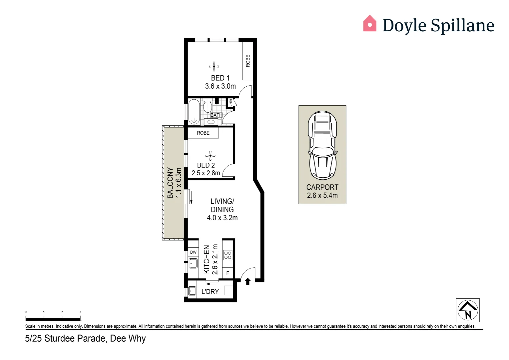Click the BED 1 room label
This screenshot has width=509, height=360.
220,78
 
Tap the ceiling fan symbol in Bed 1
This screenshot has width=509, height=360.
214,66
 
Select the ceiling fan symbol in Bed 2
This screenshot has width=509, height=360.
210,156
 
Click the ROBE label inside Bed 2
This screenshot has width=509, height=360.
203,133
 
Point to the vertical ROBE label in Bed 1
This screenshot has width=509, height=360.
248,61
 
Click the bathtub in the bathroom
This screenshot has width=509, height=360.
194,112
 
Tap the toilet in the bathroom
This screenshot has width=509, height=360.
208,106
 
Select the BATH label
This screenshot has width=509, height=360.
216,115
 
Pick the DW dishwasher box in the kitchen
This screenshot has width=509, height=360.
193,252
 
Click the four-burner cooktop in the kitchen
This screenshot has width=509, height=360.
228,255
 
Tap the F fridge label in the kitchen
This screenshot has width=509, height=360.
228,273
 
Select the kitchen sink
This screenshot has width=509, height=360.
193,264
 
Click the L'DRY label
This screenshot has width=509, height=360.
210,292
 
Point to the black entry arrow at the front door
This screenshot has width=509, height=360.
248,282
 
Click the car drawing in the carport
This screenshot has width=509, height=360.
322,146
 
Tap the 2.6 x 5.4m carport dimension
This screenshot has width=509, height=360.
322,196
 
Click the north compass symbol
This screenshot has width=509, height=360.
467,310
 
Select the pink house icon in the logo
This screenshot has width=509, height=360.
369,24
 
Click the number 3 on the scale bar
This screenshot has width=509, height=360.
80,312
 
